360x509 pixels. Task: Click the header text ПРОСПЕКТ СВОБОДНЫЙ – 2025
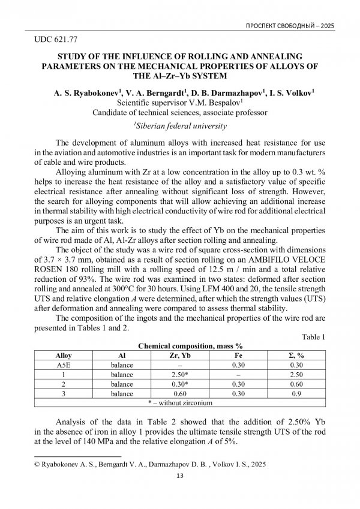(x=290, y=26)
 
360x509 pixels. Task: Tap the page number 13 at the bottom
(x=179, y=476)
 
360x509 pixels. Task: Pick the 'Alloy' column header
(x=63, y=356)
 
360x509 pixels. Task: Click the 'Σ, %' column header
(x=296, y=356)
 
